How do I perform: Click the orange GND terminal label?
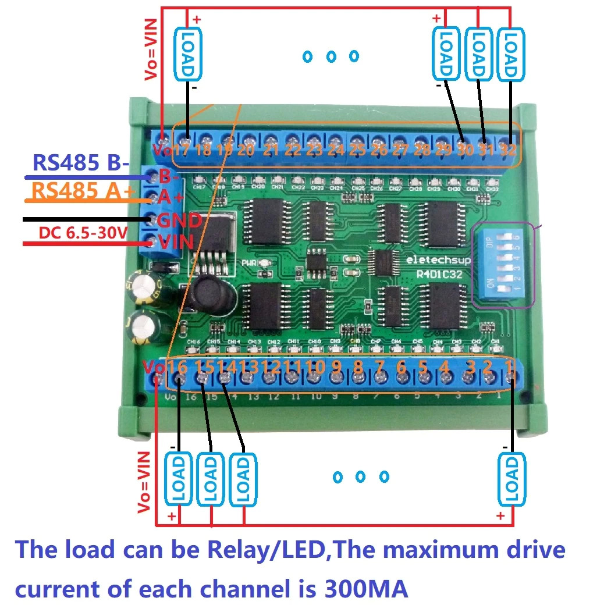[x=179, y=220]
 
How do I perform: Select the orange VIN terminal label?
[x=175, y=241]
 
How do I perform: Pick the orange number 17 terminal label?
[x=182, y=150]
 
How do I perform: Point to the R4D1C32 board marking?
[x=439, y=274]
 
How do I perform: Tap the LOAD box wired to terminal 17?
[x=187, y=54]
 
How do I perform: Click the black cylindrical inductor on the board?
[x=214, y=295]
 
